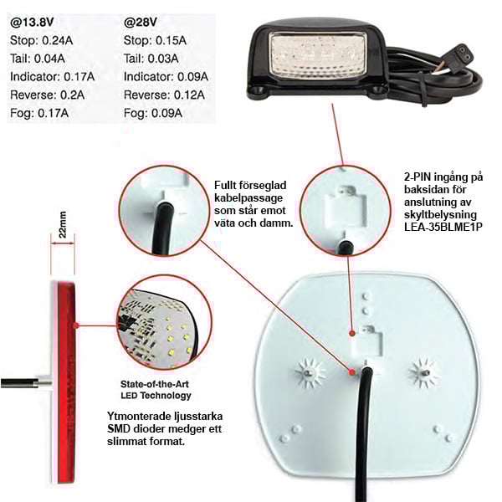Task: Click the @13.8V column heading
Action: coord(32,23)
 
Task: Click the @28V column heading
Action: coord(141,23)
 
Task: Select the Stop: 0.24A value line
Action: coord(42,40)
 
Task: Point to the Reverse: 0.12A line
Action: coord(164,95)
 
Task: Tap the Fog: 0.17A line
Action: coord(39,113)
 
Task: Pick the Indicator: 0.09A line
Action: coord(166,77)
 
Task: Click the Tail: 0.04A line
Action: coord(38,59)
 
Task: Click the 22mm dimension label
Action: coord(63,224)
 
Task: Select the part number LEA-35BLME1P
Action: coord(443,227)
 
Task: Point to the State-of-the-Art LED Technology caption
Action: coord(156,390)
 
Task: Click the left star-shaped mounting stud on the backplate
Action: coord(309,373)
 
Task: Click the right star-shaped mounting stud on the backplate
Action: coord(424,372)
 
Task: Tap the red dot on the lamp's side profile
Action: coord(76,325)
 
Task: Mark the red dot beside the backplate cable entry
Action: coord(352,372)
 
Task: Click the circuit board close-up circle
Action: coord(165,322)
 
